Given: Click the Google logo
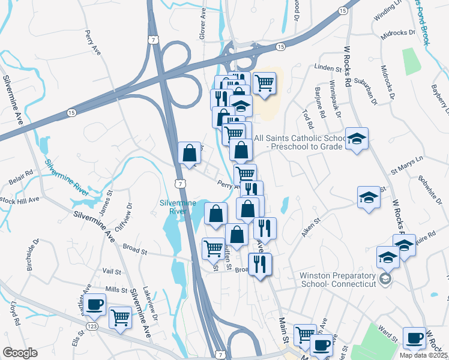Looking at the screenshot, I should coord(20,353).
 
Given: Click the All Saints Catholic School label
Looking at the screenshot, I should coord(300,142).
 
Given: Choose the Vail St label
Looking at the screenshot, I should coord(112,271).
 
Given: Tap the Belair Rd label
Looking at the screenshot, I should coord(21,178).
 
